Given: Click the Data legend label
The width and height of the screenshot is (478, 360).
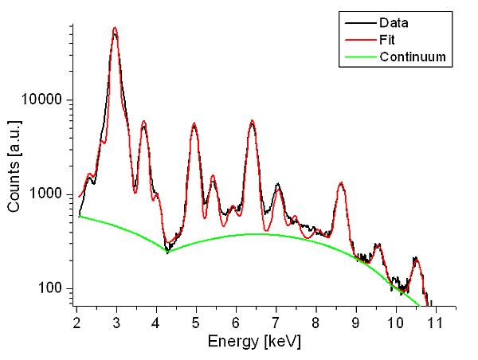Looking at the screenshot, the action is [x=394, y=23].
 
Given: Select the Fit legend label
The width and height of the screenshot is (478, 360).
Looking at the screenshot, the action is [x=387, y=40].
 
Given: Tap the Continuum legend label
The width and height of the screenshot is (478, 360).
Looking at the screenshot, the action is [x=413, y=57].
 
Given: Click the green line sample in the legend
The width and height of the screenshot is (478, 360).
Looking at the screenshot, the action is [x=361, y=57].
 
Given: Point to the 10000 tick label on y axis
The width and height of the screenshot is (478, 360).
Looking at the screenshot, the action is [x=41, y=100].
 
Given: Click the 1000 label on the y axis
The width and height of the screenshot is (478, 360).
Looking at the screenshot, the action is [x=45, y=194].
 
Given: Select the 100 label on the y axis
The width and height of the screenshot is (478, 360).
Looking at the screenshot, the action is [x=50, y=288].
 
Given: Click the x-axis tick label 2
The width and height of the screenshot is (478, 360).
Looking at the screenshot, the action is [x=76, y=323].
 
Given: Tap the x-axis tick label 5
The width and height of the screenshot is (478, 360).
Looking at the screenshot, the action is [x=196, y=323].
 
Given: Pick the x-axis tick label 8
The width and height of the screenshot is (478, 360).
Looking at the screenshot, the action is [x=315, y=323].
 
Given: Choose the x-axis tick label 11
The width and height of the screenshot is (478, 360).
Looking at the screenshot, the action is [x=435, y=323].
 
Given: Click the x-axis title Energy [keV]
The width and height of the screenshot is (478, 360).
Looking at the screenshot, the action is [x=255, y=342].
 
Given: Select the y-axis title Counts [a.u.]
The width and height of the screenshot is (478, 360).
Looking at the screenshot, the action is [x=14, y=166].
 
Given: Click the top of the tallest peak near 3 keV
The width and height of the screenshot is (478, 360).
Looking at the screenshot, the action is [x=115, y=27].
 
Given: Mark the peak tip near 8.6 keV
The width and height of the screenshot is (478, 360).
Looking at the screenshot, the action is [x=341, y=182].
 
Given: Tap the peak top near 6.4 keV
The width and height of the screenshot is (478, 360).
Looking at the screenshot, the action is [x=252, y=120].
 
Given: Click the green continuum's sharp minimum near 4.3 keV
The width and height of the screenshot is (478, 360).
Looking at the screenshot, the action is [x=167, y=252].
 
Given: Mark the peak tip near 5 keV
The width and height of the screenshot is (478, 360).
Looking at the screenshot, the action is [x=194, y=123].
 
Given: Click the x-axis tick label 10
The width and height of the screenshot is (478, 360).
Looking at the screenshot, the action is [x=395, y=323].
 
